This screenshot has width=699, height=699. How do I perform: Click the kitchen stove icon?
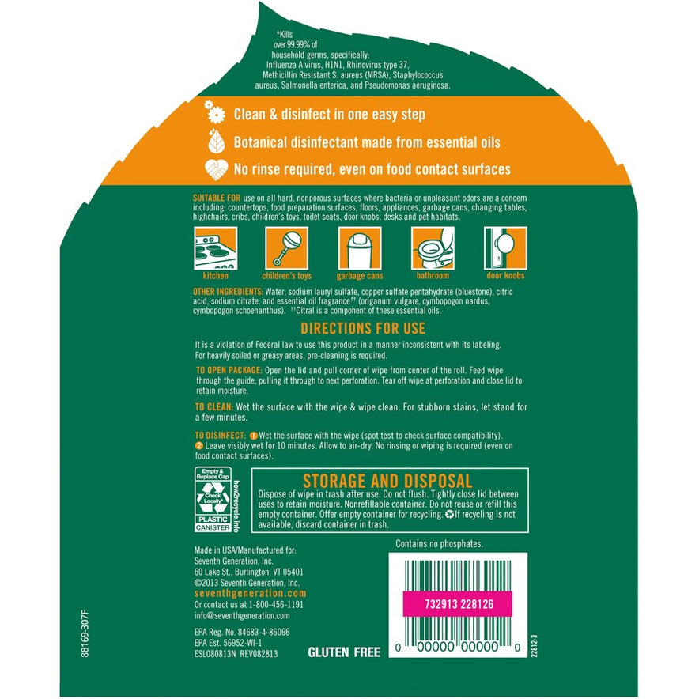point(215,247)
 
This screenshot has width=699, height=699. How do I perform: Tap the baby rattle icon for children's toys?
point(287,247)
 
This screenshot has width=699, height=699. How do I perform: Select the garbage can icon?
point(360,247)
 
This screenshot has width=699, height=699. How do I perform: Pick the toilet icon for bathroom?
point(433,247)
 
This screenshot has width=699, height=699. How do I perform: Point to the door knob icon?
point(505,247)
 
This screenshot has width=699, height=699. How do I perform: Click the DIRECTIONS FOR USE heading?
point(363,329)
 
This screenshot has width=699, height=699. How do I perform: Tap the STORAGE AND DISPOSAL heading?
point(387,481)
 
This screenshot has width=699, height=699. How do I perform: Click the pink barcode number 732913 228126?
point(459,604)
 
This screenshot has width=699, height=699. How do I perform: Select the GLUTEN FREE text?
point(344,652)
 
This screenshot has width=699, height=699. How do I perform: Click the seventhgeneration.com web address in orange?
point(251,593)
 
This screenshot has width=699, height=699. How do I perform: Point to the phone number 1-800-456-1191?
point(276,604)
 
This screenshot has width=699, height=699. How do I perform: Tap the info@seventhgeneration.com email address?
point(242,616)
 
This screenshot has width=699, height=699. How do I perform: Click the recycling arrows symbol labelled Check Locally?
point(213,498)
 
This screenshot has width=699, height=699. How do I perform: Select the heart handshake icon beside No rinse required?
point(216,169)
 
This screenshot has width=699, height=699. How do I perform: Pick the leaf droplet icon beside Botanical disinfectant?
point(216,141)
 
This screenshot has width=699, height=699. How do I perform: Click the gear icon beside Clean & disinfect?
point(215,112)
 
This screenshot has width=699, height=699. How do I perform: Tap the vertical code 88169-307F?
point(85,634)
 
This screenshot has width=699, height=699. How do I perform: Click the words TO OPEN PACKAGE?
point(229,370)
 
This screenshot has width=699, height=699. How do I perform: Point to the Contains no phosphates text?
point(439,544)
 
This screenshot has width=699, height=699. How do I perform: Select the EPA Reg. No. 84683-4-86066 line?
point(242,632)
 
